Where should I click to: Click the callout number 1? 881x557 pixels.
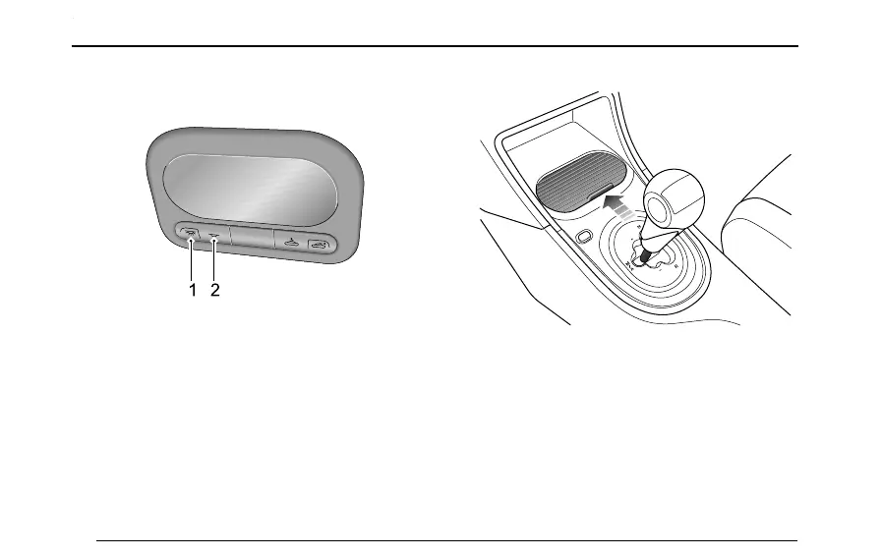click(192, 291)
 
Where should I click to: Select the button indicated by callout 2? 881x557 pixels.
click(213, 237)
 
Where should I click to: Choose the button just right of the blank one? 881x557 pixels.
click(289, 243)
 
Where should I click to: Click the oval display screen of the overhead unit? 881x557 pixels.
click(253, 187)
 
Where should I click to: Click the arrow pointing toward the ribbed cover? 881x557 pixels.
click(617, 205)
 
